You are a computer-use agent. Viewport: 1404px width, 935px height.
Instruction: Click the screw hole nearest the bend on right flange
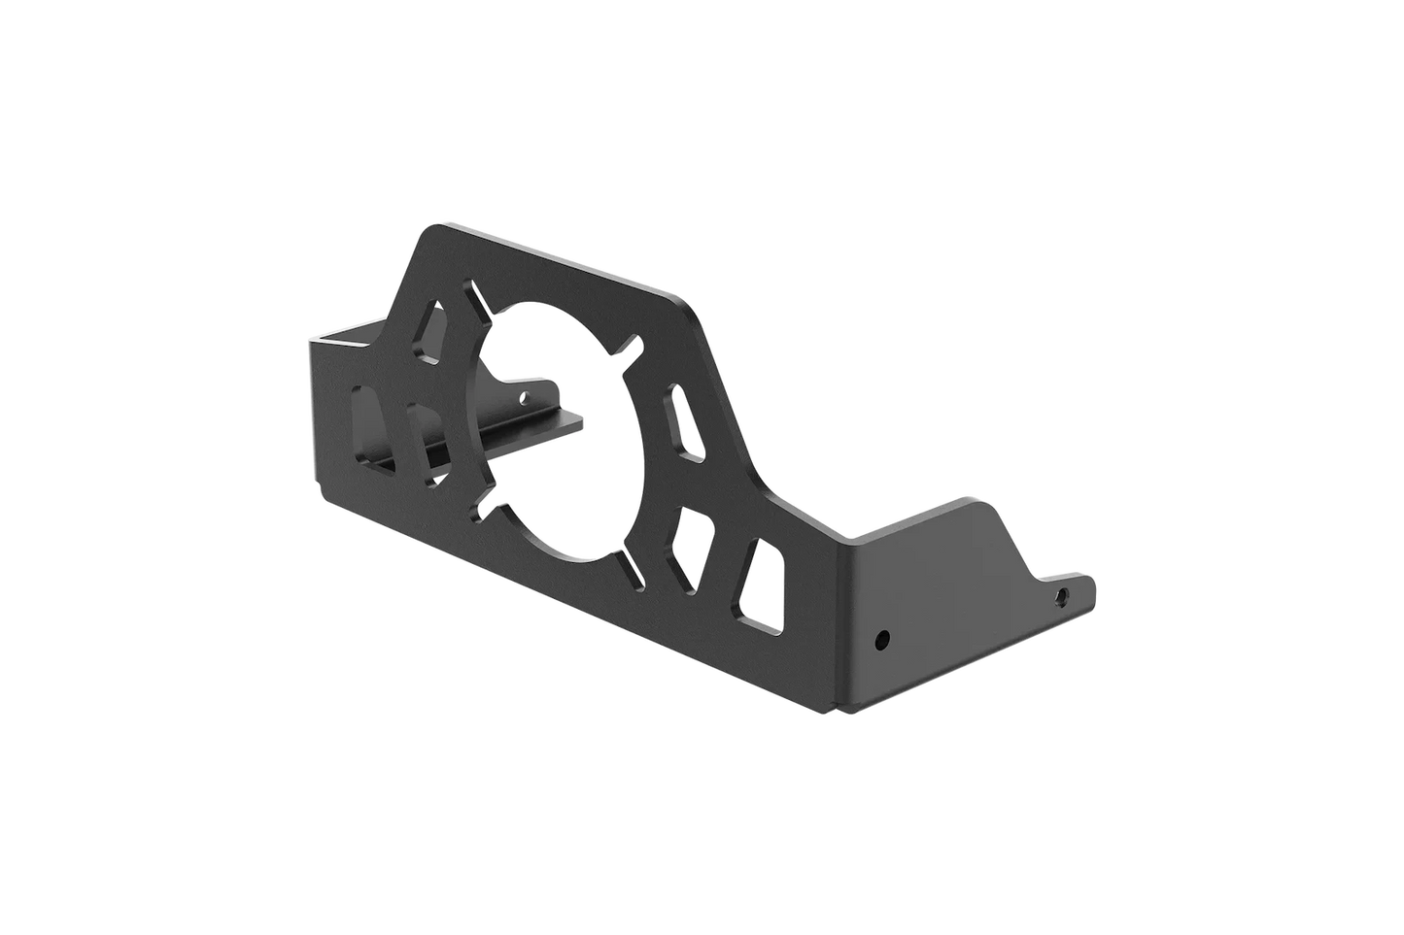coord(881,640)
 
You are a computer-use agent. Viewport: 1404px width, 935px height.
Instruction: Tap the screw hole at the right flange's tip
coord(1062,593)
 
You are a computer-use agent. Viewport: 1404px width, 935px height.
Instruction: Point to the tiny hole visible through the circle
coord(526,396)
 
